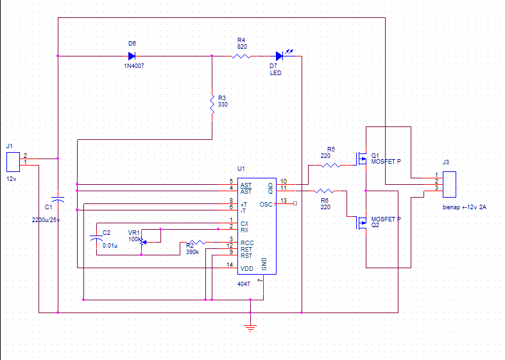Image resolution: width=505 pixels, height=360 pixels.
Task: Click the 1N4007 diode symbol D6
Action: [132, 56]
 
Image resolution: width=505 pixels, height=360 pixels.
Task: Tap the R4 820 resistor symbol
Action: [241, 56]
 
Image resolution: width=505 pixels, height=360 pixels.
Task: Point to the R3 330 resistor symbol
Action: [212, 104]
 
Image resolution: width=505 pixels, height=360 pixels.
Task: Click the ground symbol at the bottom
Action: [250, 328]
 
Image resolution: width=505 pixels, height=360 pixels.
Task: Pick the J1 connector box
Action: [13, 162]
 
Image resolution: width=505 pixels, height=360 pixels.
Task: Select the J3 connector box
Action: [449, 184]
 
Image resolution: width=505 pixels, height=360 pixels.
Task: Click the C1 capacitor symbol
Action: [58, 200]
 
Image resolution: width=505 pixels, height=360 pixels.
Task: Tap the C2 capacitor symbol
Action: [96, 238]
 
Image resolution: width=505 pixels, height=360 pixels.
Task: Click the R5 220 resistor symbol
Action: [330, 165]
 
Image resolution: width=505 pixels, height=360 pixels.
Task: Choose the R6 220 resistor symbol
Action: [324, 191]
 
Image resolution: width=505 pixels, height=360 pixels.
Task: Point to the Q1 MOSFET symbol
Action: [361, 159]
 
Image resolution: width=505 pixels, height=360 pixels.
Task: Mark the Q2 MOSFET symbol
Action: [361, 222]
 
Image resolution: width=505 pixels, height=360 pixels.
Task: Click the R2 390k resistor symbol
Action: [196, 242]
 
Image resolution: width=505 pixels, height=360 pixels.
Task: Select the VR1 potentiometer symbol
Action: [142, 242]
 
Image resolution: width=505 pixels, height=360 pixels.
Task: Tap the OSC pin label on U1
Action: [266, 205]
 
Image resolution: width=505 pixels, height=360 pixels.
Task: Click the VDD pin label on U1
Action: [246, 268]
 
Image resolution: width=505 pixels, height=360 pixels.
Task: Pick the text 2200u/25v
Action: [46, 220]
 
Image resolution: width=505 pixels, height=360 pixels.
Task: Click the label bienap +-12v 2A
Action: [465, 207]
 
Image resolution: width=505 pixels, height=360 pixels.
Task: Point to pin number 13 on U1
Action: [284, 201]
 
